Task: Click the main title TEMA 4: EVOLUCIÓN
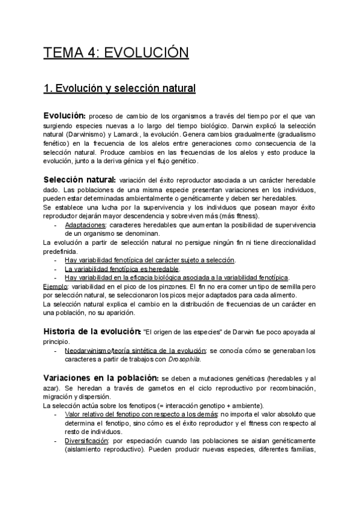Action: (x=116, y=53)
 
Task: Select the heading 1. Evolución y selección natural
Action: (x=120, y=89)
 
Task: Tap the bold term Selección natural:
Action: (x=79, y=179)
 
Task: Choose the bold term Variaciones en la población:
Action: (x=101, y=378)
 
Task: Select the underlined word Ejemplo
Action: (x=55, y=287)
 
